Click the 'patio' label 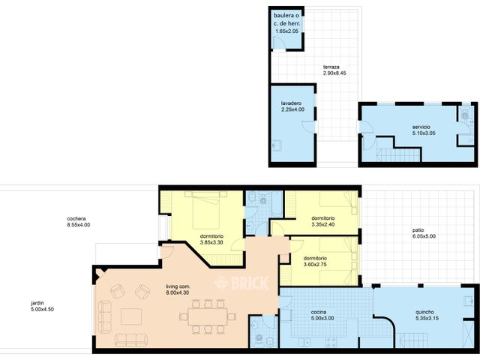[x=416, y=229]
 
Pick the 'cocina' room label [x=323, y=312]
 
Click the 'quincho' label [x=426, y=313]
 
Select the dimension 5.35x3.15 [x=426, y=320]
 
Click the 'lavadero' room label [x=292, y=103]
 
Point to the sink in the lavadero [x=277, y=145]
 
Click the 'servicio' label [x=421, y=127]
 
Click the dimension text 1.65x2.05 [x=287, y=31]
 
